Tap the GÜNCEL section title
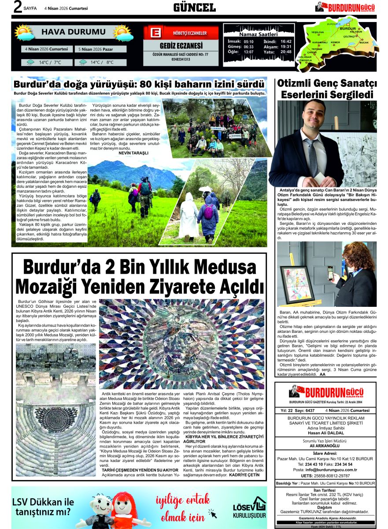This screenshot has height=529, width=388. tap(194, 7)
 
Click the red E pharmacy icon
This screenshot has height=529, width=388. tap(155, 34)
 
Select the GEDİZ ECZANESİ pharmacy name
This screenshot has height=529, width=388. tap(181, 46)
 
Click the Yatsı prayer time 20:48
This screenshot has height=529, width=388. tap(286, 52)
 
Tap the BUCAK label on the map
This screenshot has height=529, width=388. tap(364, 42)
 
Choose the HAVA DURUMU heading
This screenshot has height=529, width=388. tap(73, 32)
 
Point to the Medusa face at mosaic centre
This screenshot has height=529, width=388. tap(181, 339)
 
